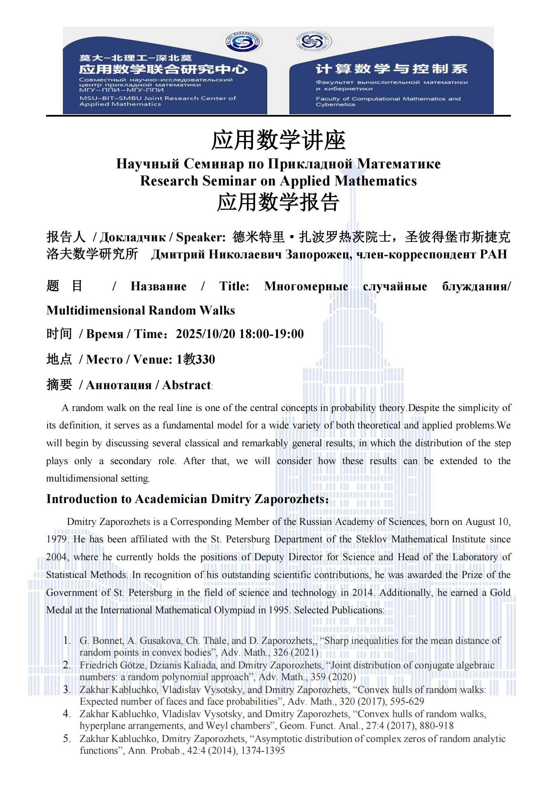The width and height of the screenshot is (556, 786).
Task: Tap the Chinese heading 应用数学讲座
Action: (x=278, y=140)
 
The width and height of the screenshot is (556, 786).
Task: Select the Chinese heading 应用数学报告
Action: (x=278, y=202)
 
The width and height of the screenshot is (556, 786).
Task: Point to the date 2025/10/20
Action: (x=205, y=334)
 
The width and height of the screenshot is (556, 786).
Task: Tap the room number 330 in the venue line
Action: (x=205, y=359)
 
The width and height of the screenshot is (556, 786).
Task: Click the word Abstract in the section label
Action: (x=187, y=385)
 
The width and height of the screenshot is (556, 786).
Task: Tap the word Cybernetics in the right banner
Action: (x=335, y=105)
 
